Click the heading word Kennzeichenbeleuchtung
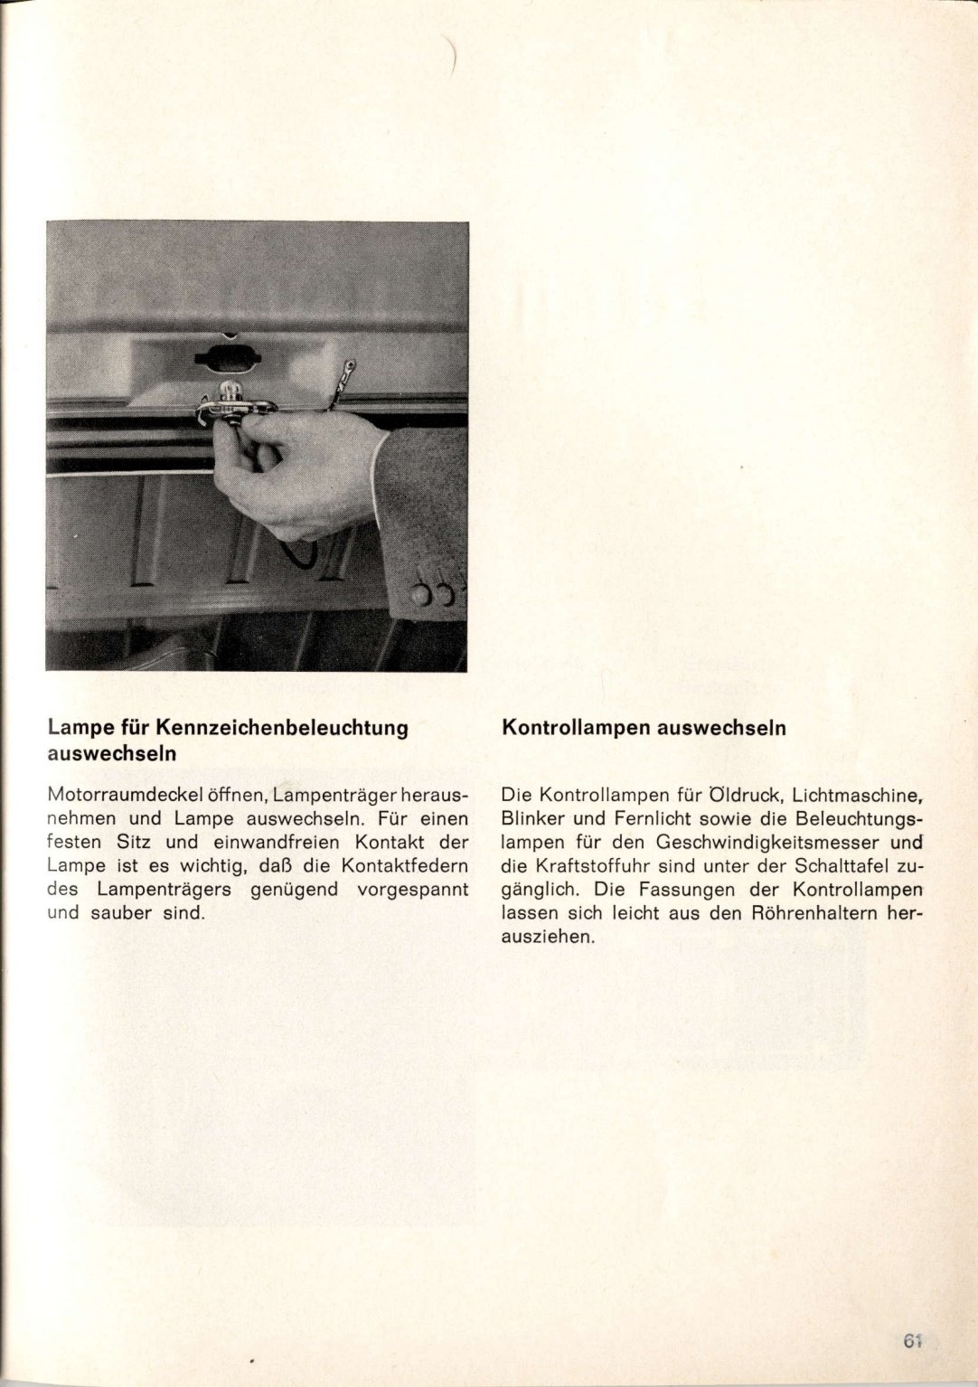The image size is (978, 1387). pyautogui.click(x=282, y=728)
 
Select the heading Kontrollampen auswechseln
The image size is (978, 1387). pyautogui.click(x=644, y=728)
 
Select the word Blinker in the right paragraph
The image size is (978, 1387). pyautogui.click(x=533, y=819)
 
